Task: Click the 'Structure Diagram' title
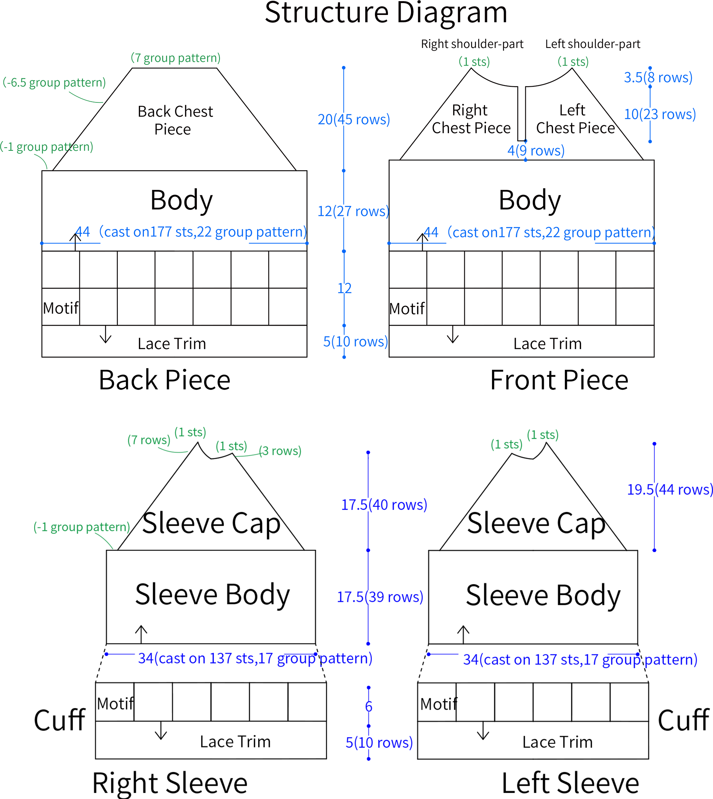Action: click(386, 13)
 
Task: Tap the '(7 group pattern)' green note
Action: click(175, 58)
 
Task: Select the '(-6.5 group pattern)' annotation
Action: click(54, 82)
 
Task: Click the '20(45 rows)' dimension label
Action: click(354, 119)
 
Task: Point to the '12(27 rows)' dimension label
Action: click(353, 211)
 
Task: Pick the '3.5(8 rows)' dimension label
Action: click(658, 77)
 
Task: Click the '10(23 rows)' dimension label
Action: click(660, 114)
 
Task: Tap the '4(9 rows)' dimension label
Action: click(536, 151)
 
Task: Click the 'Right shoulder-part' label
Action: click(472, 44)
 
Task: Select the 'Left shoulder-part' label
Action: click(593, 44)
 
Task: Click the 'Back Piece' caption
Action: click(165, 380)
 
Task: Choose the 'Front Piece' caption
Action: click(559, 380)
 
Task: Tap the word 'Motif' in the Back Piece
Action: click(61, 308)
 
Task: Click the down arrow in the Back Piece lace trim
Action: click(106, 334)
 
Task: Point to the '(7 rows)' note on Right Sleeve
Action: click(149, 440)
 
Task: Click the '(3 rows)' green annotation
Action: click(280, 451)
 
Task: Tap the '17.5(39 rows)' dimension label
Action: click(380, 597)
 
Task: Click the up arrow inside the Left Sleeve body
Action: click(464, 634)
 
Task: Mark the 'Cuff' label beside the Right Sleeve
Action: click(59, 720)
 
